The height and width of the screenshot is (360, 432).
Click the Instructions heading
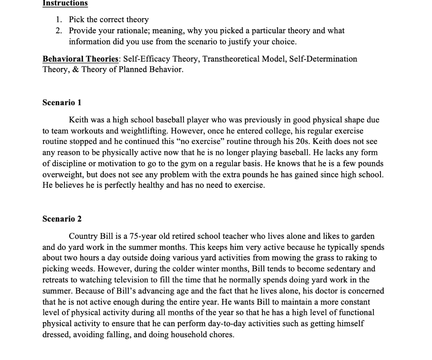[x=65, y=3]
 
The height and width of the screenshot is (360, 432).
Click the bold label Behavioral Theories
[x=79, y=59]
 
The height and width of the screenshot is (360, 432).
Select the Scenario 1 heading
[x=62, y=103]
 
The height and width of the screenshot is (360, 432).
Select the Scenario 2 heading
[x=62, y=219]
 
